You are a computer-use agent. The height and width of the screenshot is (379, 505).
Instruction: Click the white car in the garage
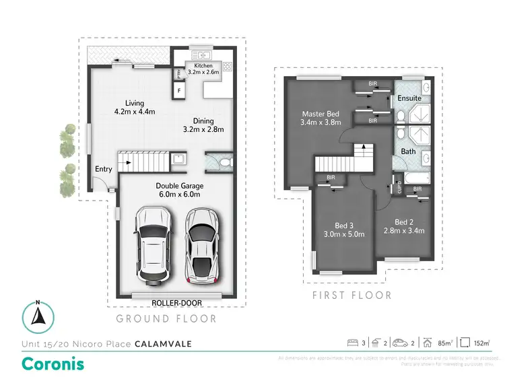(x=153, y=246)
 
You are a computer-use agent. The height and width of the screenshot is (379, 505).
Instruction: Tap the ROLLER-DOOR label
(x=172, y=303)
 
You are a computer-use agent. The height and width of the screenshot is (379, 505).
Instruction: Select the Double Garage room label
(x=179, y=190)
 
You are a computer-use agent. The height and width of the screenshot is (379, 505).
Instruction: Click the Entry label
(x=104, y=169)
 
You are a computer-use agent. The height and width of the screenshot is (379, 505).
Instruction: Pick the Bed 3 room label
(x=349, y=230)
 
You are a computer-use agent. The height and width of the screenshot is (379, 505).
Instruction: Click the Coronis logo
(x=53, y=364)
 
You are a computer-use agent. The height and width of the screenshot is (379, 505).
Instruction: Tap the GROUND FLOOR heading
(x=166, y=318)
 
